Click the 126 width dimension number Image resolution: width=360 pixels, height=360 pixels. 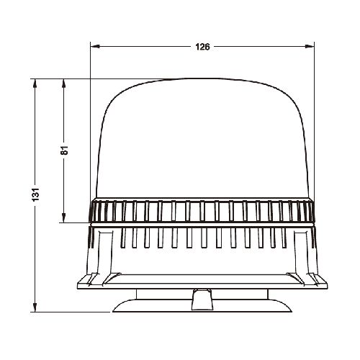[202, 47]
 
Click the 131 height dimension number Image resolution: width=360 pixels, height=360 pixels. [35, 194]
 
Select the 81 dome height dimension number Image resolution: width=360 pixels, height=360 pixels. [64, 150]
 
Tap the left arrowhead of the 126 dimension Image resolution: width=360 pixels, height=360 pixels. [95, 46]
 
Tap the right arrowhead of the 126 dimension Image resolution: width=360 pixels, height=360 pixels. [310, 46]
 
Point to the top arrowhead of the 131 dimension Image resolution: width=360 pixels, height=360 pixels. [35, 84]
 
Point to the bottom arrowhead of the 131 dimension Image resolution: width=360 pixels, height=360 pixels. [35, 307]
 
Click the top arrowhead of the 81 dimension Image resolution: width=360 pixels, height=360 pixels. [64, 84]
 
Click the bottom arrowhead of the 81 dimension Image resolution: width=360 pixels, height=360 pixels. [64, 218]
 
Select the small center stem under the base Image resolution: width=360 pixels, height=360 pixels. [202, 300]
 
